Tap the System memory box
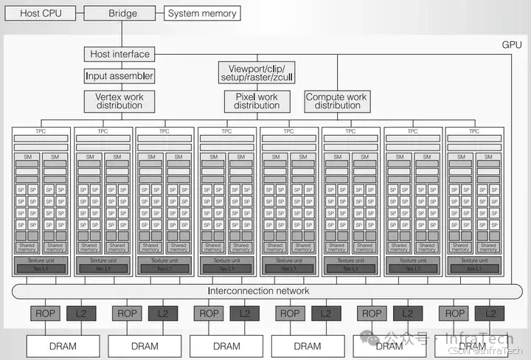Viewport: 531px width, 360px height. click(202, 13)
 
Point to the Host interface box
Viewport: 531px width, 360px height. click(120, 54)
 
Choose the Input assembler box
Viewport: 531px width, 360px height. click(119, 75)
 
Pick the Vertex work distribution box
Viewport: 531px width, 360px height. click(119, 101)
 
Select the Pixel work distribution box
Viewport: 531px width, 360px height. click(257, 101)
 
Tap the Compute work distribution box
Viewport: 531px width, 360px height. click(337, 101)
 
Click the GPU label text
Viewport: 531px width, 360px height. click(512, 44)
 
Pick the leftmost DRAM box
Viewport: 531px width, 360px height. click(63, 345)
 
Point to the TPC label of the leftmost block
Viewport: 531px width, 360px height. click(41, 131)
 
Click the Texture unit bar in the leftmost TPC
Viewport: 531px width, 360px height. click(41, 260)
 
